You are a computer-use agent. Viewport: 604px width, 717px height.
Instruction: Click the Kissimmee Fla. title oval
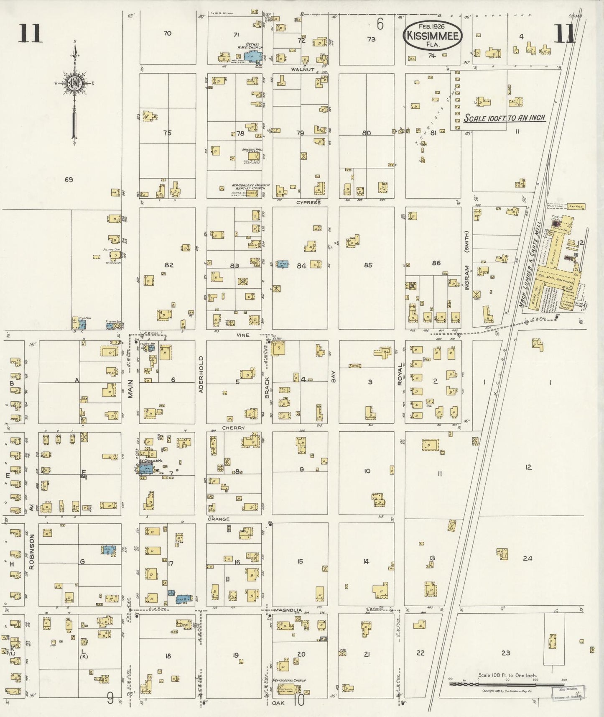tap(432, 35)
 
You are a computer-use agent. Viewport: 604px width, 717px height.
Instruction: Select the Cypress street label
tap(308, 202)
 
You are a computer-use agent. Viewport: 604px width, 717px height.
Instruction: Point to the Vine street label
tap(242, 335)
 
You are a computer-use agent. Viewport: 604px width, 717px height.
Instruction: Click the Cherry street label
tap(233, 428)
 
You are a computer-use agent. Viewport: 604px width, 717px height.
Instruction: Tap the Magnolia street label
tap(288, 610)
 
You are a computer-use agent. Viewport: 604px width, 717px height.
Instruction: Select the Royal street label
tap(400, 374)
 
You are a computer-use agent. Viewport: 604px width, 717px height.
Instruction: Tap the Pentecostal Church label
tap(289, 681)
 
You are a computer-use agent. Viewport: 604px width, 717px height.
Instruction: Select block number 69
tap(69, 180)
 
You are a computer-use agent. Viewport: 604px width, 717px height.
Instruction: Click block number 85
tap(368, 265)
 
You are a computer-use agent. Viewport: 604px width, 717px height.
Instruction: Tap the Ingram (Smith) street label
tap(467, 260)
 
